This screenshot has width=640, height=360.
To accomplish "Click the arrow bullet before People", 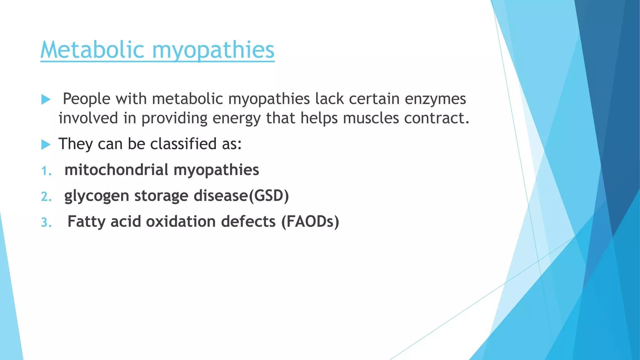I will click(46, 100).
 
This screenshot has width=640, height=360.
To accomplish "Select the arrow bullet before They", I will click(46, 145).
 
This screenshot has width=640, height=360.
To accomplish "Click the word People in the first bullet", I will click(87, 99).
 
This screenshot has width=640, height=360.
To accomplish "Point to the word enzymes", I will click(435, 99).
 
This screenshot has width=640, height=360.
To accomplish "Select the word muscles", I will click(371, 118).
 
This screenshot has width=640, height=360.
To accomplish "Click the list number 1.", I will click(46, 171).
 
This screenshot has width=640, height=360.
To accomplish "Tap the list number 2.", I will click(46, 197).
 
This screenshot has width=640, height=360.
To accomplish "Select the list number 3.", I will click(46, 223).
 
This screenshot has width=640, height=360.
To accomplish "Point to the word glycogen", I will click(97, 196).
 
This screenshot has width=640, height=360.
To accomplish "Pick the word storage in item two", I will click(161, 196).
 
